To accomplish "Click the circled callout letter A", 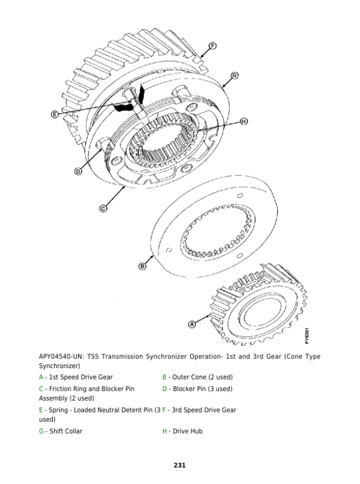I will tap(193, 324).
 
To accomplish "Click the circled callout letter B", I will tap(142, 265).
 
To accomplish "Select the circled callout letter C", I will tap(102, 208).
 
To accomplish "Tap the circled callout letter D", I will tap(77, 172).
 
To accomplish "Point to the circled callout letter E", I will tap(55, 113).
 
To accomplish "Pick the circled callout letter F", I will tap(212, 45).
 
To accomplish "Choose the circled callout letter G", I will tap(234, 75).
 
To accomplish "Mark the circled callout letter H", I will tap(244, 122).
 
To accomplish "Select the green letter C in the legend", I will tap(41, 389).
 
